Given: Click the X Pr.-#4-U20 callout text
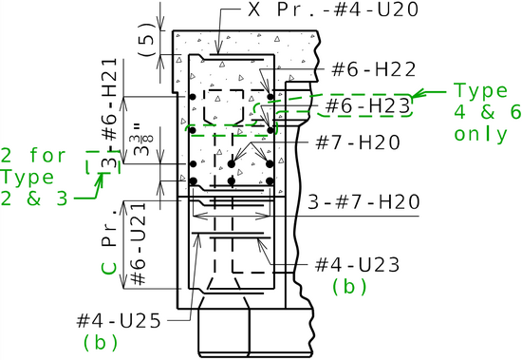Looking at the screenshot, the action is [333, 9].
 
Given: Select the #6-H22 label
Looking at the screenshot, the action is [374, 69].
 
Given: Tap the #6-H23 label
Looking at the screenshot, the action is [367, 106].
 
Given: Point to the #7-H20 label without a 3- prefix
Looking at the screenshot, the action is [358, 142].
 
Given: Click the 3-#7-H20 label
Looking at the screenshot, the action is [364, 202].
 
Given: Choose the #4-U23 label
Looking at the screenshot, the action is [357, 265].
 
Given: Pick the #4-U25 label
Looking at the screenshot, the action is [119, 321].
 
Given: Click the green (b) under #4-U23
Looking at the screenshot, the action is [349, 286].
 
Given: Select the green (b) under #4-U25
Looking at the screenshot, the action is [101, 342].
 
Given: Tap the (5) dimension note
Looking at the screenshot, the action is [146, 39].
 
